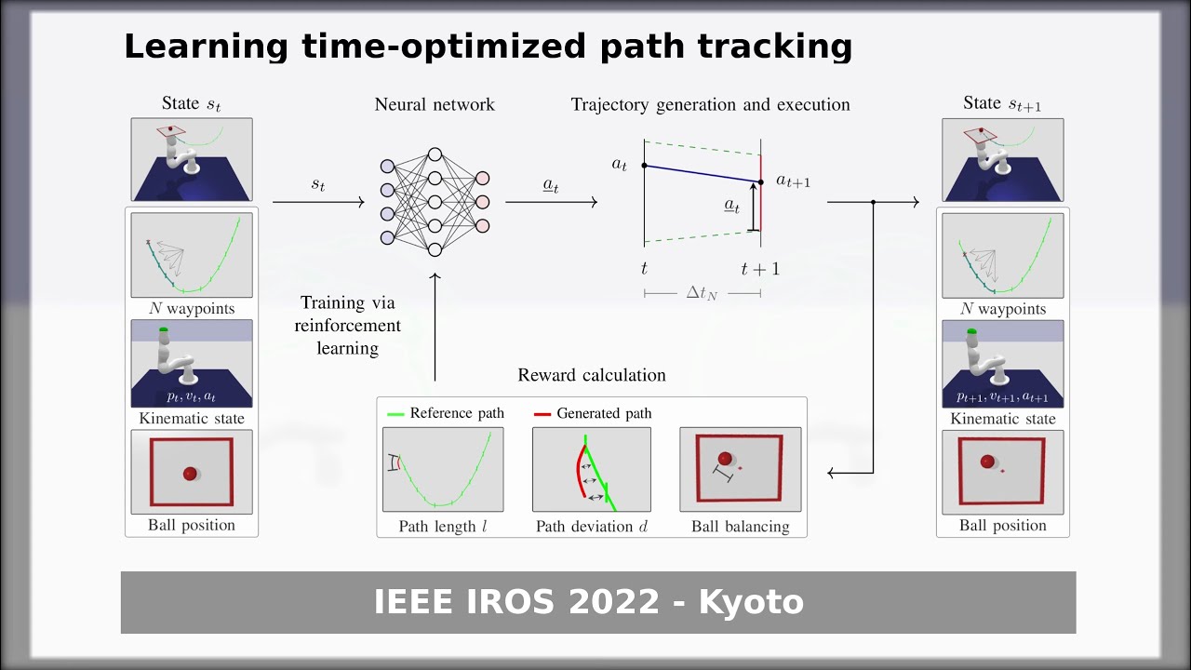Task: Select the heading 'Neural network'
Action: coord(435,104)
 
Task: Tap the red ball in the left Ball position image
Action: coord(191,474)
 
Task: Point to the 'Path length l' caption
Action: coord(443,527)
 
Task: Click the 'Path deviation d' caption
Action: coord(592,527)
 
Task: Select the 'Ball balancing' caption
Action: coord(740,527)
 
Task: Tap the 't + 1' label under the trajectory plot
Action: coord(760,269)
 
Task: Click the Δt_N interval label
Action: coord(702,293)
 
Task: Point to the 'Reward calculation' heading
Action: coord(592,375)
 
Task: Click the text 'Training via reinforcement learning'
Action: coord(348,326)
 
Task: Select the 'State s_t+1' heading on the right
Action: coord(1002,103)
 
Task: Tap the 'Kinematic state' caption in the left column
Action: coord(192,419)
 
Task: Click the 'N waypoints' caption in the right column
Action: coord(1003,309)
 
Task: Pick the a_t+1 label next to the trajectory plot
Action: coord(793,181)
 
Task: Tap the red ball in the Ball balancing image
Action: coord(725,459)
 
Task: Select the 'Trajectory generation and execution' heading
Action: coord(710,104)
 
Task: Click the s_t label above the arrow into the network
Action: coord(318,184)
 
